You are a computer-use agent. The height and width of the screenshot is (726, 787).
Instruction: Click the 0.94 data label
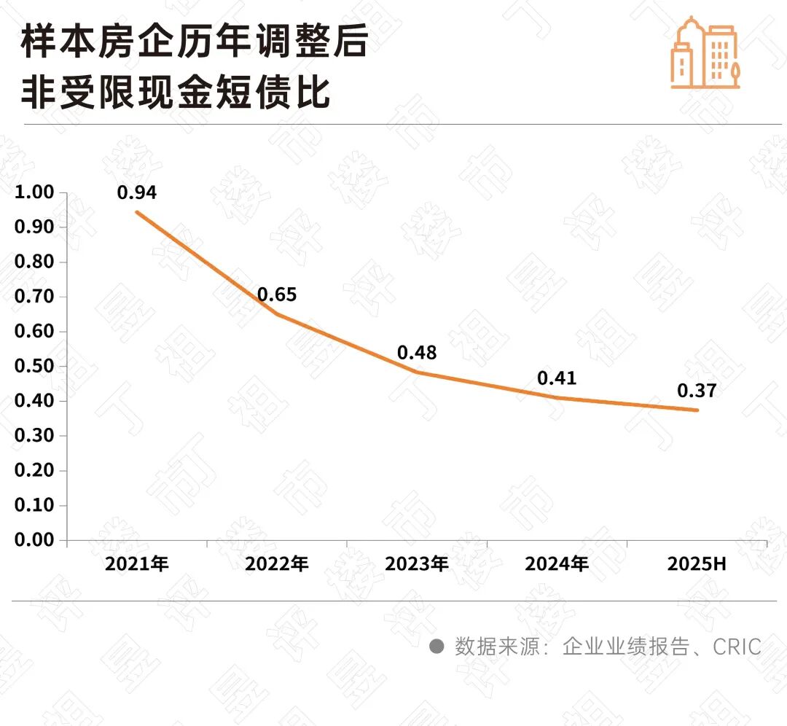137,192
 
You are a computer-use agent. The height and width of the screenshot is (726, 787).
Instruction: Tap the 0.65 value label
277,295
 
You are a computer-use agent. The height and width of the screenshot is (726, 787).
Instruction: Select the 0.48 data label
417,353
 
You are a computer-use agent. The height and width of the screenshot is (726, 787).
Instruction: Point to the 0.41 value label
557,378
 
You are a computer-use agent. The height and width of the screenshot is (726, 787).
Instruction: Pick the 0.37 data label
697,391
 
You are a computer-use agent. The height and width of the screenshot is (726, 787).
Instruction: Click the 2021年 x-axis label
137,563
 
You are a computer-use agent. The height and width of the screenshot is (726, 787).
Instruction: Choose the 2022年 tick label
277,563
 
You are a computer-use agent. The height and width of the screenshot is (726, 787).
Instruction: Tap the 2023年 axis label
417,563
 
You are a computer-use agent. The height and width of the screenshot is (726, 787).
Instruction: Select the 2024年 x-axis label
557,563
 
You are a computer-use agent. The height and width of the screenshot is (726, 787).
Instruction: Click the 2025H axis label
697,563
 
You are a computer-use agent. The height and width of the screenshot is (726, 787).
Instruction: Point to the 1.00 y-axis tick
34,192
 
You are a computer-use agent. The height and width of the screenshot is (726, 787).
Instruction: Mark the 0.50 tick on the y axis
34,366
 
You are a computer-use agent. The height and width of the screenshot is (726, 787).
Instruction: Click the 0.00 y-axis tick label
34,540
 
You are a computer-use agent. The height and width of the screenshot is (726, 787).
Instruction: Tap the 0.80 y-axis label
34,262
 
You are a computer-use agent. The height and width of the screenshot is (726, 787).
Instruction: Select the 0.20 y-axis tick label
34,470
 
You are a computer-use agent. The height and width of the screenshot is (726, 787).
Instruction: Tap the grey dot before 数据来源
436,647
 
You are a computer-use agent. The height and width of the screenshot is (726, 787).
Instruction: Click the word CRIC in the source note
737,647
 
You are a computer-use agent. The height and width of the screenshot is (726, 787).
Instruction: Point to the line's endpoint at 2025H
697,410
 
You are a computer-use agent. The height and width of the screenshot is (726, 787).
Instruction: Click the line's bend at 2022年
277,314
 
